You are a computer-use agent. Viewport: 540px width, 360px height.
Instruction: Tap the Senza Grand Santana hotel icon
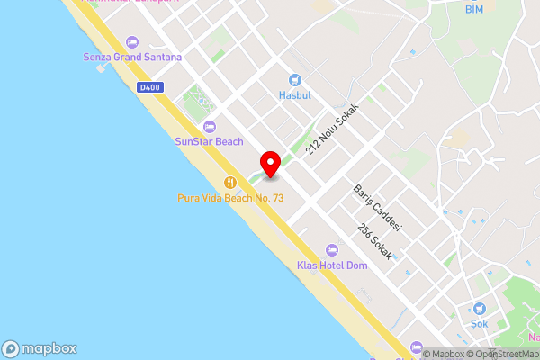[133, 42]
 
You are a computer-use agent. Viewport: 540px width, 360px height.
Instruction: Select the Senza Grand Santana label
[132, 58]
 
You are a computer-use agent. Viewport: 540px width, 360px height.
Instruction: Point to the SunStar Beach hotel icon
[210, 127]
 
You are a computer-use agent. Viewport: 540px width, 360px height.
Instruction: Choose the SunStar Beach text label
[209, 142]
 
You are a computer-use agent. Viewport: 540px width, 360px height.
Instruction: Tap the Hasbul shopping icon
[293, 80]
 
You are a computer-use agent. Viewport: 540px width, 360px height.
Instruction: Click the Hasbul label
[293, 94]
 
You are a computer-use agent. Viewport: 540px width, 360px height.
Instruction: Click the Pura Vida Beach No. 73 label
[229, 197]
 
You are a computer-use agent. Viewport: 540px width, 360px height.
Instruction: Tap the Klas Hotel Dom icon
[331, 249]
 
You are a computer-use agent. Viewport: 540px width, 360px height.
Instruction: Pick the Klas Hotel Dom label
[331, 265]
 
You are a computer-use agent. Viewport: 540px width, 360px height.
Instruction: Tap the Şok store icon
[479, 309]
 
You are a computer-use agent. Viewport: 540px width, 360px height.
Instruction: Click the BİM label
[475, 10]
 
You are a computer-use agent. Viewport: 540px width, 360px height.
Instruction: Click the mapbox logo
[40, 349]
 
